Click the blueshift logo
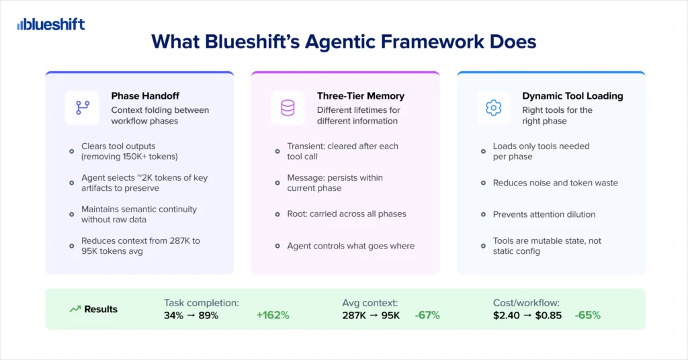(51, 25)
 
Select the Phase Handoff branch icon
(83, 108)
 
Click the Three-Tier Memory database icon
(288, 108)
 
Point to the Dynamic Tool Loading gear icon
(494, 108)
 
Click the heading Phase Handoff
(145, 96)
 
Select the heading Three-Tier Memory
(361, 96)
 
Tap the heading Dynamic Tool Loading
(572, 96)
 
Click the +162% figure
(273, 315)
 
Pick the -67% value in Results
(427, 315)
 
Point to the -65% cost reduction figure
(587, 315)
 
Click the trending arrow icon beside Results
(75, 309)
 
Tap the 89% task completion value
(208, 315)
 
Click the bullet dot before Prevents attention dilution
(483, 214)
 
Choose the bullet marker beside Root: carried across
(277, 214)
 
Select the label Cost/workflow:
(526, 303)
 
